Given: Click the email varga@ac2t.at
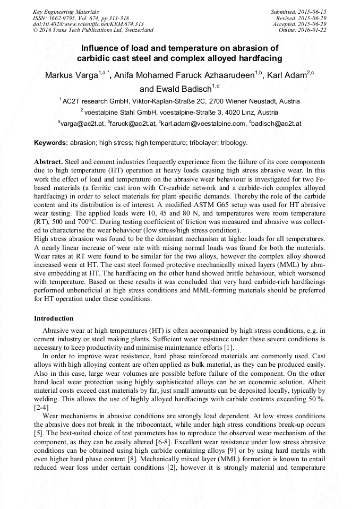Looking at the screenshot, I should pos(81,123).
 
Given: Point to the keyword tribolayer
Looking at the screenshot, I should pos(202,143).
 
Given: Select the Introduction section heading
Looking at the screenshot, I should pos(54,318).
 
